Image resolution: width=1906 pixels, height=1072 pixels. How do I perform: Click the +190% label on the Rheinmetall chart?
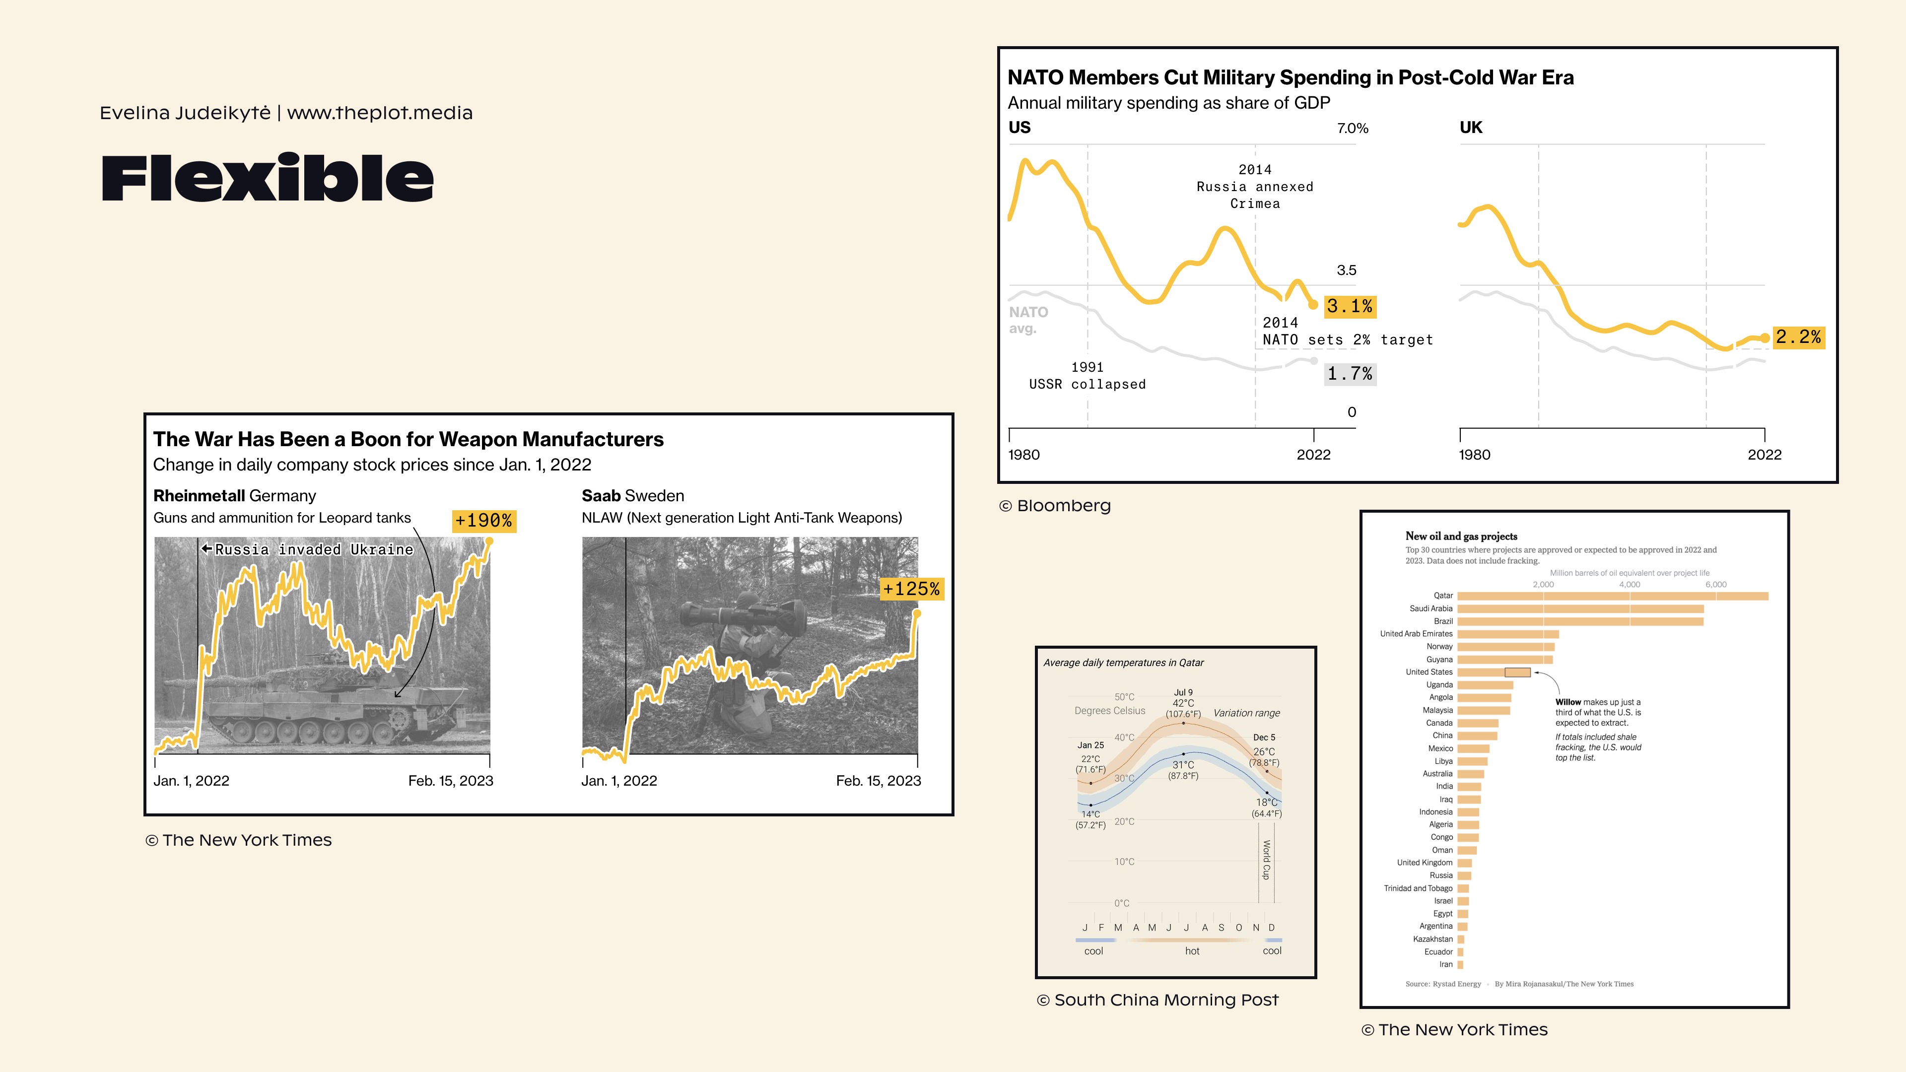click(483, 521)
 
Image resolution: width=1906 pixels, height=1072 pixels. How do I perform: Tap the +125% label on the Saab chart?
click(911, 589)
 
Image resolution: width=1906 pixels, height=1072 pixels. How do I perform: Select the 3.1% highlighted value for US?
click(1349, 306)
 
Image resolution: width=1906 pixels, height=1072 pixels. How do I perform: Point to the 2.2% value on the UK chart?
click(1798, 337)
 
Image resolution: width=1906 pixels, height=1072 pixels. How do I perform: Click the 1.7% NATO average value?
click(1349, 374)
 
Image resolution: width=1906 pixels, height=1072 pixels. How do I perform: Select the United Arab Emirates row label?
click(1416, 634)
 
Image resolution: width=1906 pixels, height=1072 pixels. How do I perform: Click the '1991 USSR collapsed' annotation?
click(1087, 376)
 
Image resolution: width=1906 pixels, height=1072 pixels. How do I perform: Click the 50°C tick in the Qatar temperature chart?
click(1124, 697)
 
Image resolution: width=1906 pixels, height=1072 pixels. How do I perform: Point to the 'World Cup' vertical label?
click(1266, 860)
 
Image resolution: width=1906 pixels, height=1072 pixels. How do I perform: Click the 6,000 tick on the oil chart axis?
click(1715, 585)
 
